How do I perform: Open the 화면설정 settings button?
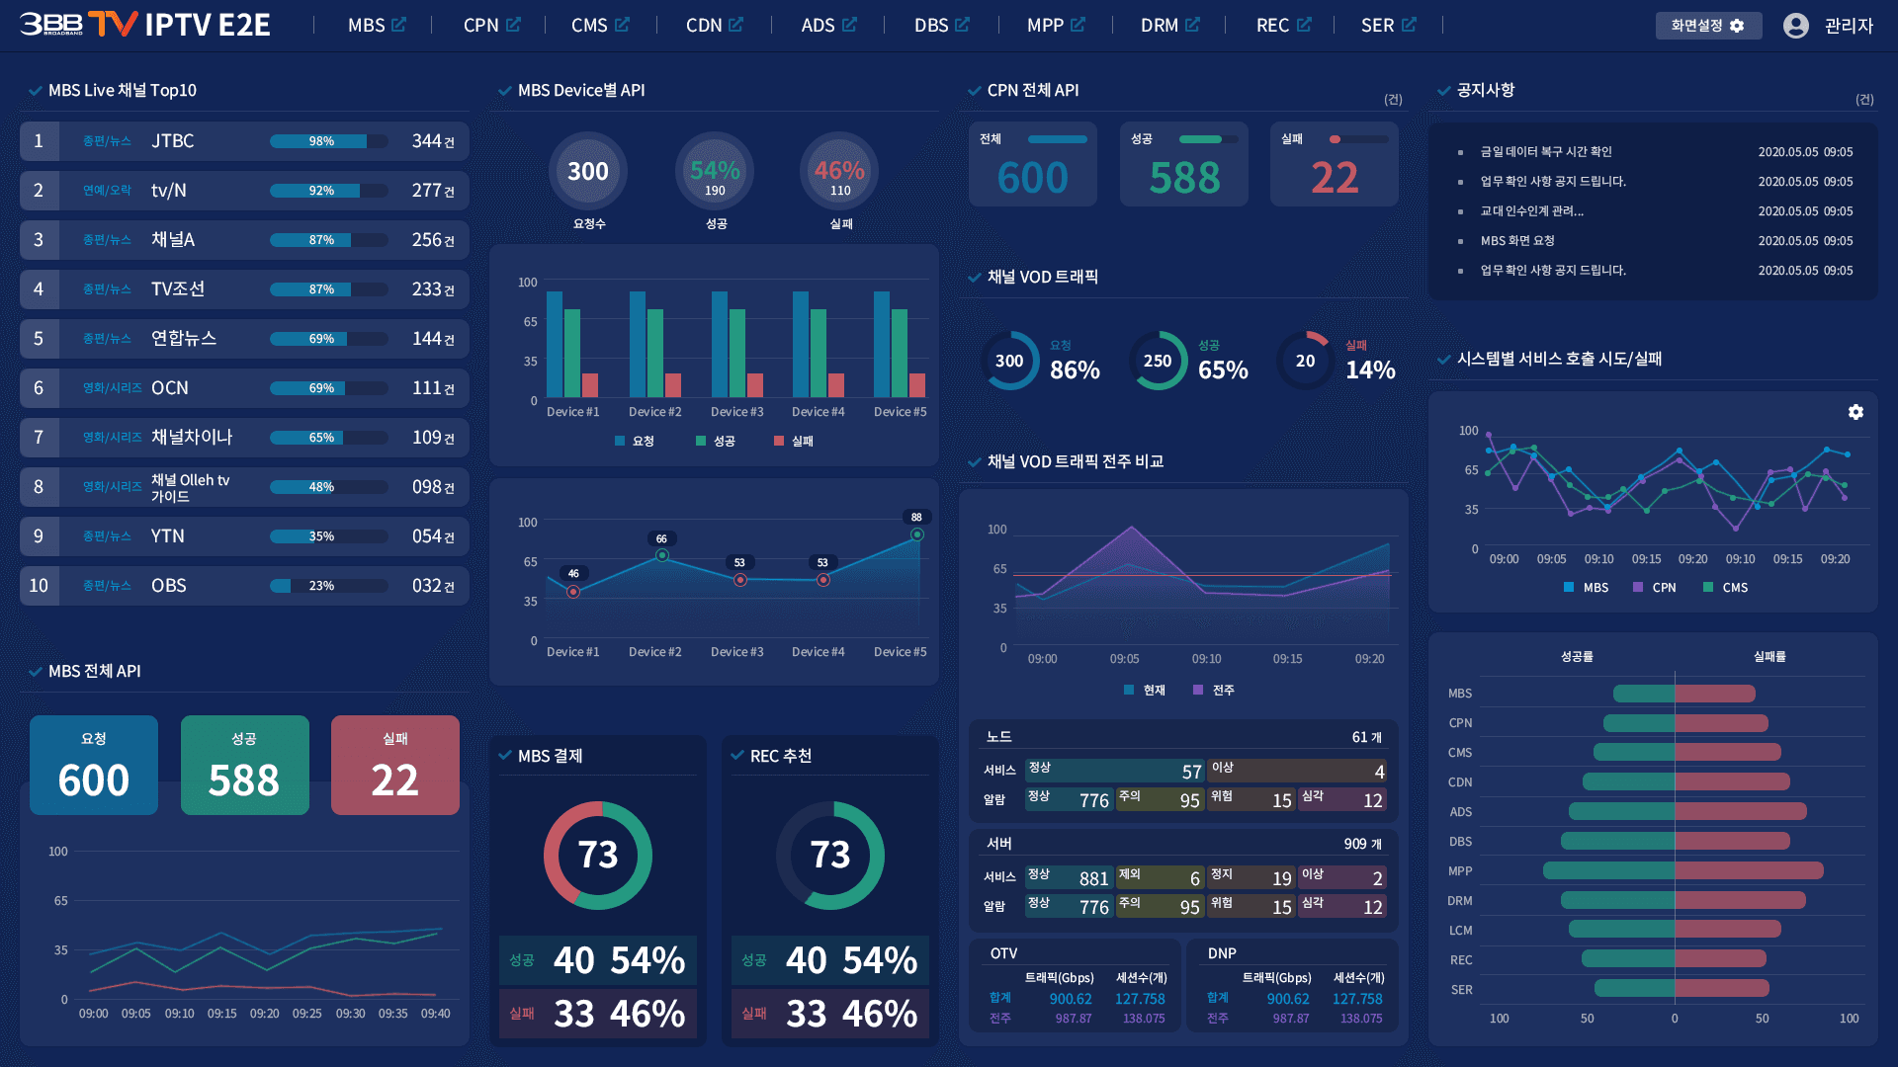tap(1708, 26)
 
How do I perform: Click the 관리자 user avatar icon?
tap(1795, 26)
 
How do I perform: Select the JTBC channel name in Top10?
tap(172, 141)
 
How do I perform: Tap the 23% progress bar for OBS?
tap(329, 586)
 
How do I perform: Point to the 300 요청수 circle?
tap(588, 171)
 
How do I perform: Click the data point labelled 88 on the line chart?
tap(917, 534)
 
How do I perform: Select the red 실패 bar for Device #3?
tap(755, 384)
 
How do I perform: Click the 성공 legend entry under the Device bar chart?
tap(716, 441)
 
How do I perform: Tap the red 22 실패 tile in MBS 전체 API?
tap(395, 765)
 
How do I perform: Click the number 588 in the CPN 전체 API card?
tap(1184, 178)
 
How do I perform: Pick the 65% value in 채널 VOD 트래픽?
tap(1223, 369)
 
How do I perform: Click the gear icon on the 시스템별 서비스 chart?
tap(1855, 412)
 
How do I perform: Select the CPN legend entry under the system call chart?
tap(1655, 588)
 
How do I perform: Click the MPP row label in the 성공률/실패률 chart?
tap(1460, 871)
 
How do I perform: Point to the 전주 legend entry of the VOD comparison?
tap(1214, 691)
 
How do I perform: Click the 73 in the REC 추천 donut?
tap(830, 855)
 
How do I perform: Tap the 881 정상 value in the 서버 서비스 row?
tap(1093, 878)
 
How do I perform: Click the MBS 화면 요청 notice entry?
tap(1517, 241)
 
